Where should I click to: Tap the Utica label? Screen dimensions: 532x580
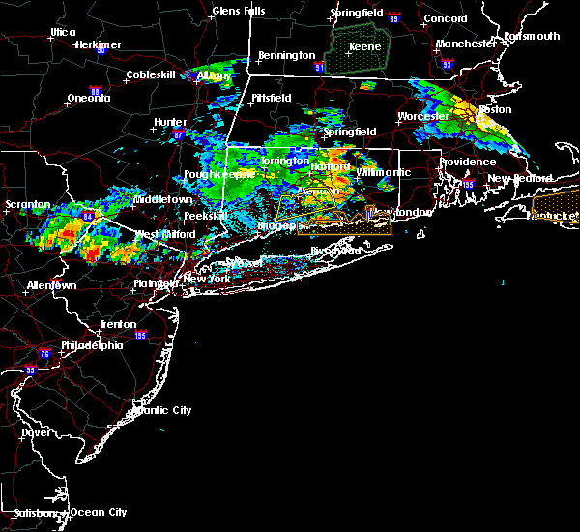(x=63, y=32)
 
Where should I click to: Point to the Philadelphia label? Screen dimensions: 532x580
(x=93, y=345)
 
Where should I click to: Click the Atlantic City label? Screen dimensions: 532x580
(x=159, y=410)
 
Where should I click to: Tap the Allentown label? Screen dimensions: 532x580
(x=52, y=286)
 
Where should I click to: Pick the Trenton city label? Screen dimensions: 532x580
(x=118, y=324)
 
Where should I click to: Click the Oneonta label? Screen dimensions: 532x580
(x=88, y=99)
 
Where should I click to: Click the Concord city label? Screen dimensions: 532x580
(x=444, y=18)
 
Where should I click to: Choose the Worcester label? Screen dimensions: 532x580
(x=423, y=117)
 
